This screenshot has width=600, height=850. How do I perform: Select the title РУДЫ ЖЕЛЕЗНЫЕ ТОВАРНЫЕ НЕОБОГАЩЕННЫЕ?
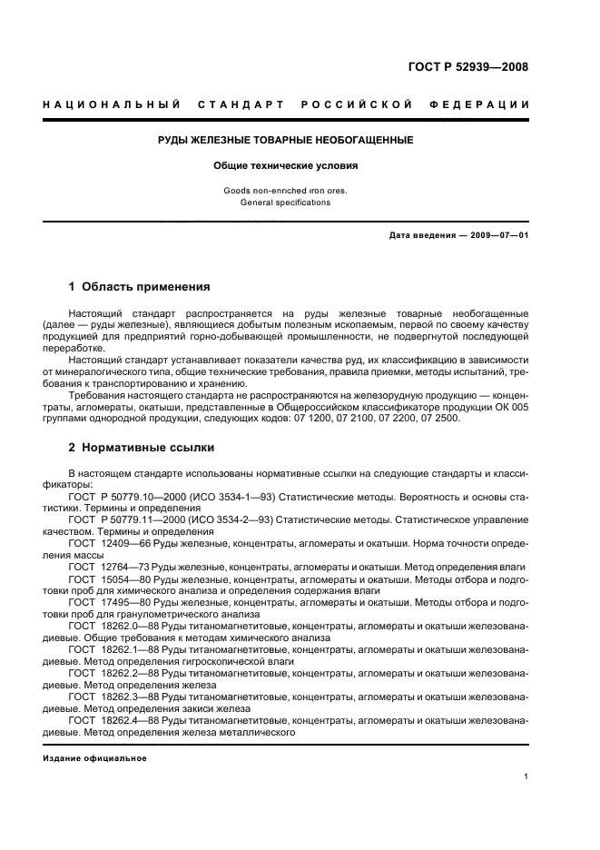click(x=286, y=140)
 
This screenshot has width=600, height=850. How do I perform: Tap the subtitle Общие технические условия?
click(x=286, y=166)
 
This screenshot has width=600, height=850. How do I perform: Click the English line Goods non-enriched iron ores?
click(x=286, y=191)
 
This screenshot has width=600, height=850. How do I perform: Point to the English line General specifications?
click(x=286, y=203)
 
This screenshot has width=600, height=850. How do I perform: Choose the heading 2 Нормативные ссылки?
click(x=142, y=448)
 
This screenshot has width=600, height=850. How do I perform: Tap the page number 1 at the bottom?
click(x=526, y=776)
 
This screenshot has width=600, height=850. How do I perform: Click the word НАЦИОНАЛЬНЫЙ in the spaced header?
click(x=112, y=104)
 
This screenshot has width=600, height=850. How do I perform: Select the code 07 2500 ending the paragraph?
click(x=441, y=418)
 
